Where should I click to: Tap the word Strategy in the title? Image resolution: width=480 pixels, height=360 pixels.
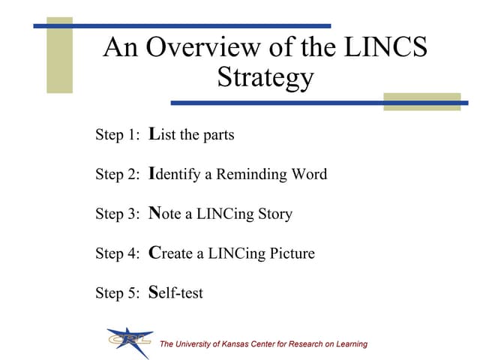coord(265,77)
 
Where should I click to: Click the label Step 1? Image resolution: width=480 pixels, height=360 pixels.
coord(118,136)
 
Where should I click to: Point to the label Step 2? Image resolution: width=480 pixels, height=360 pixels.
coord(118,175)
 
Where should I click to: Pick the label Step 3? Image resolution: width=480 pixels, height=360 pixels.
coord(118,214)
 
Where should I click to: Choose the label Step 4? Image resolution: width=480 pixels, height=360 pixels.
coord(118,253)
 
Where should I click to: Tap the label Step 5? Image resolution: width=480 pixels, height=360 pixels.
coord(118,292)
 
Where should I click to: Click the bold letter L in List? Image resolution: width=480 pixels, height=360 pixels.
coord(154,134)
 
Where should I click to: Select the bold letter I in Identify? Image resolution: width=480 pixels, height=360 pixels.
coord(152,173)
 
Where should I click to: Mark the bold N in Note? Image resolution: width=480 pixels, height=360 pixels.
coord(155,213)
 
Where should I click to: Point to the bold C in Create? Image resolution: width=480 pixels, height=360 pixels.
coord(155,252)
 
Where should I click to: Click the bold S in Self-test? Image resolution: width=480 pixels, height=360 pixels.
coord(153,292)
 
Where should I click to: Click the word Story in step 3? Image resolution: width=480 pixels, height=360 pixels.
coord(273,214)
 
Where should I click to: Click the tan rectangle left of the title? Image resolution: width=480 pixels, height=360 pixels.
coord(59,56)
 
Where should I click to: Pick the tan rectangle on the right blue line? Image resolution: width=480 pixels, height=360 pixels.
coord(421,102)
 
